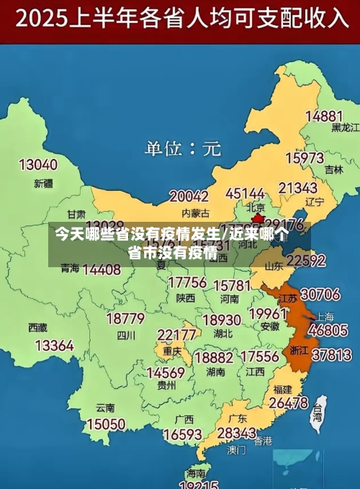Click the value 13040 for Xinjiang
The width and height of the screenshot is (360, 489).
click(x=37, y=164)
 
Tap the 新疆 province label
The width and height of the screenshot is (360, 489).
click(x=44, y=183)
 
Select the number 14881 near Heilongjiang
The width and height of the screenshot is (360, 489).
click(x=323, y=115)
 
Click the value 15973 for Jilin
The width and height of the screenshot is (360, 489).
click(x=305, y=157)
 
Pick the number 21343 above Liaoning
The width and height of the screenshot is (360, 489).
click(x=298, y=188)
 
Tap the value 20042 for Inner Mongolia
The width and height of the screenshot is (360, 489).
click(x=189, y=196)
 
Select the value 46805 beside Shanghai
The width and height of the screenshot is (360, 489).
click(x=329, y=331)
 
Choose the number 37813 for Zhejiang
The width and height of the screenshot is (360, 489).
click(x=331, y=354)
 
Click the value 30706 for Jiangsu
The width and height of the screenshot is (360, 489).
click(x=320, y=294)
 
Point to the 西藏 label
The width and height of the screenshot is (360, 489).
click(x=38, y=327)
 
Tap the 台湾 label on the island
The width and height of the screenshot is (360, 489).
click(x=317, y=413)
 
